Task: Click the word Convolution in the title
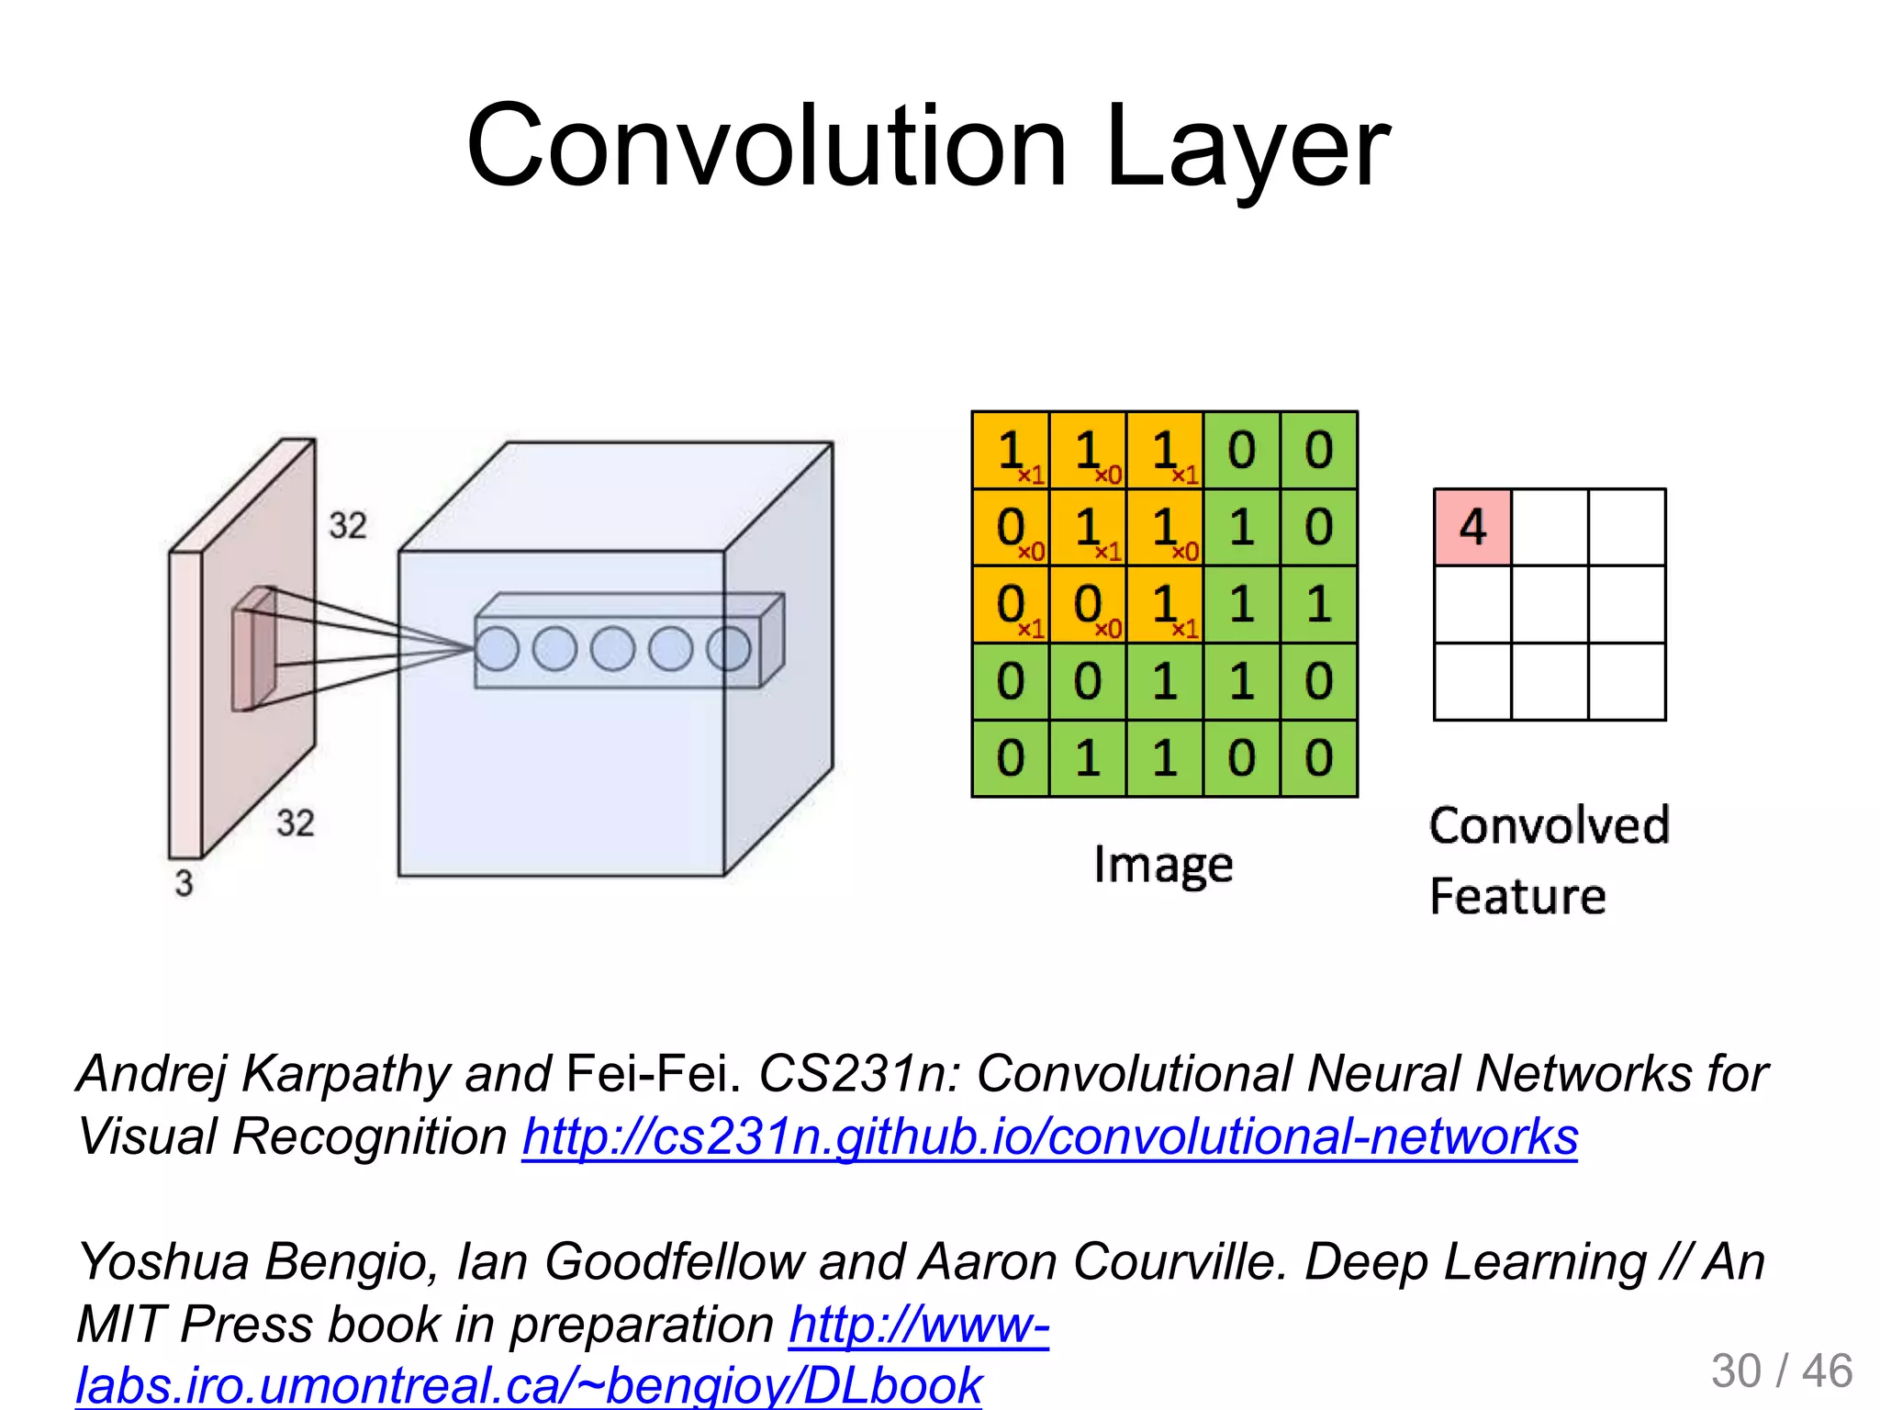(767, 147)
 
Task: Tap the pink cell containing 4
(1472, 527)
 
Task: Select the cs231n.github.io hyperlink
(1049, 1137)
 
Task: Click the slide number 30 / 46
(1781, 1371)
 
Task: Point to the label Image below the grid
(1163, 866)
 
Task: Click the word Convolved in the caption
(1549, 825)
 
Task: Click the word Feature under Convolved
(1517, 896)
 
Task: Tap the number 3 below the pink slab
(185, 883)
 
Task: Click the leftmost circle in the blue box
(497, 648)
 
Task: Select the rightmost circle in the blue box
(729, 648)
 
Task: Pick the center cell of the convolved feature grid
(1550, 604)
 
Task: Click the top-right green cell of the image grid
(1318, 450)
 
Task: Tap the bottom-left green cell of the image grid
(1010, 758)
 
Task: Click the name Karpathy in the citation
(345, 1073)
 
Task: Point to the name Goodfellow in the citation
(675, 1261)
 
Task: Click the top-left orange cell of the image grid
(1010, 450)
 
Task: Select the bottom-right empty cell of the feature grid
(1627, 681)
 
